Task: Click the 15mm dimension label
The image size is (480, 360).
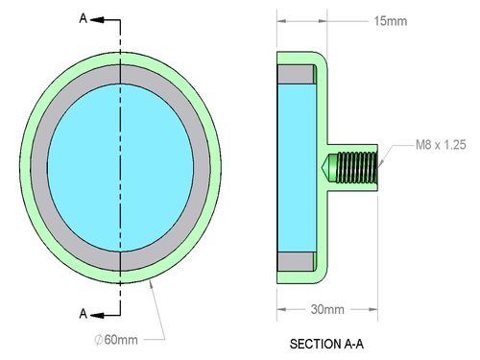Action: tap(391, 21)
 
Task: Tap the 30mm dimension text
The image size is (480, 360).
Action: tap(327, 309)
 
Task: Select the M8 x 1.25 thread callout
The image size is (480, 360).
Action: tap(441, 145)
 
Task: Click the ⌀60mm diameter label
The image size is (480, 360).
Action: tap(116, 340)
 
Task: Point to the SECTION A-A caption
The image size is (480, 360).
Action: tap(326, 344)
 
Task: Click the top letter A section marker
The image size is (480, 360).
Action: tap(84, 18)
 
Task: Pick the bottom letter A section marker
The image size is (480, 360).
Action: tap(84, 314)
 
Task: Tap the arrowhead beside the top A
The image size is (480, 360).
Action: tap(97, 20)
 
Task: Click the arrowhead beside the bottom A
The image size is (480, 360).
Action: tap(97, 315)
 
